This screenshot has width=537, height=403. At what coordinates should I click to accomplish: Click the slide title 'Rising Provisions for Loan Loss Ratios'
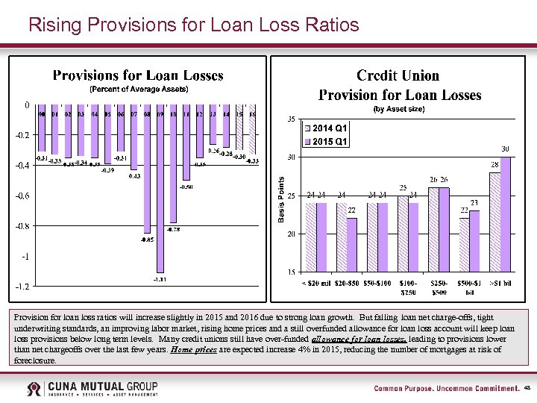(x=193, y=25)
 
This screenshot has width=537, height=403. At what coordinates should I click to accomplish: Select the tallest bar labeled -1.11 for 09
(x=160, y=194)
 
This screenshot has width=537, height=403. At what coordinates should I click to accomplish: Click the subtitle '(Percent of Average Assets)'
(x=139, y=89)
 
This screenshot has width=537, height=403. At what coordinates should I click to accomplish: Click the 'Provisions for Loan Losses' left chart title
(x=138, y=75)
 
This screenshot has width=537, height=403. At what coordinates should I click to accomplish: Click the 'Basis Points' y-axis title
(x=281, y=199)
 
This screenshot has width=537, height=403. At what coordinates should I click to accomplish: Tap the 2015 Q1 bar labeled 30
(x=505, y=214)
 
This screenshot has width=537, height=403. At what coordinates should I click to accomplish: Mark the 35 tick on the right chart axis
(x=291, y=119)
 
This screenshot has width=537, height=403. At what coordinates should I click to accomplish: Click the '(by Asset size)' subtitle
(x=400, y=109)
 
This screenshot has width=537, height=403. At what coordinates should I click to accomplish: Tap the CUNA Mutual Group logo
(x=92, y=389)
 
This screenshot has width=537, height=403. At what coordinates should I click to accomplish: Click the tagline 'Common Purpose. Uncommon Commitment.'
(x=446, y=389)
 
